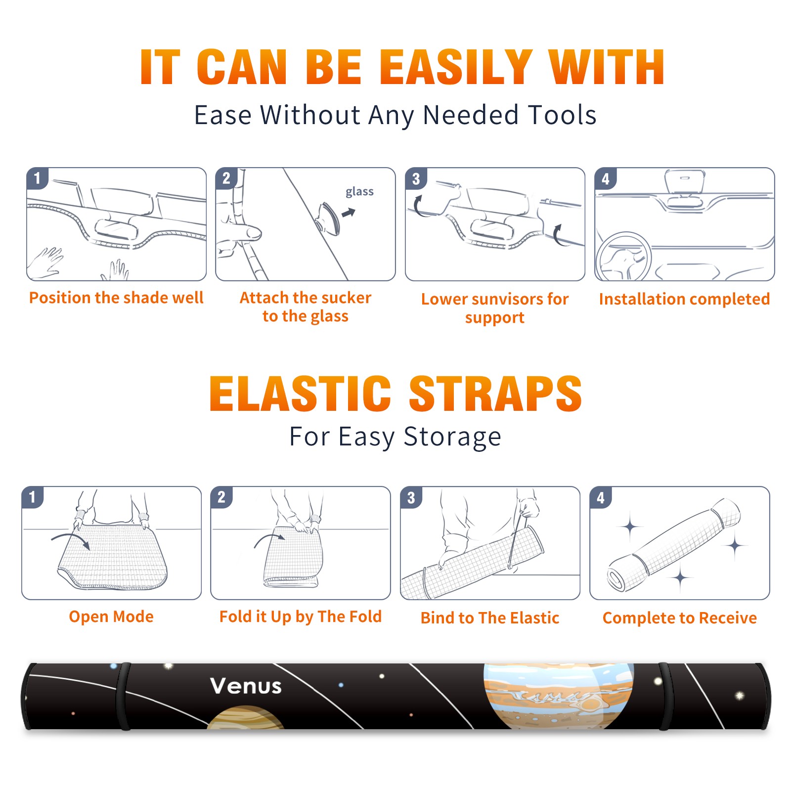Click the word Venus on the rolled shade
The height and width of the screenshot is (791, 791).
pos(246,686)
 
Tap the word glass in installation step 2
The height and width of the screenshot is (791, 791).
pos(359,192)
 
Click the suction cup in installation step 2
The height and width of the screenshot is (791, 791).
pos(329,218)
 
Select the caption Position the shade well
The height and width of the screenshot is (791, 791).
pos(116,298)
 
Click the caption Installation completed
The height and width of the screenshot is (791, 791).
pos(684,299)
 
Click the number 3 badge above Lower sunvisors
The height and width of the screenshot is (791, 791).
pos(416,178)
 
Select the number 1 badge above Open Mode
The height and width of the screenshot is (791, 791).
pos(33,497)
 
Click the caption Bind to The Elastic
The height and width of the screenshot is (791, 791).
pos(489,618)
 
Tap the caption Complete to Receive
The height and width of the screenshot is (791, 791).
pos(679,618)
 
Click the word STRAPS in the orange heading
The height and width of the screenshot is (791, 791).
pos(495,394)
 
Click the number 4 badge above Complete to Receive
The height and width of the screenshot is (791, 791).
pos(601,497)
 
